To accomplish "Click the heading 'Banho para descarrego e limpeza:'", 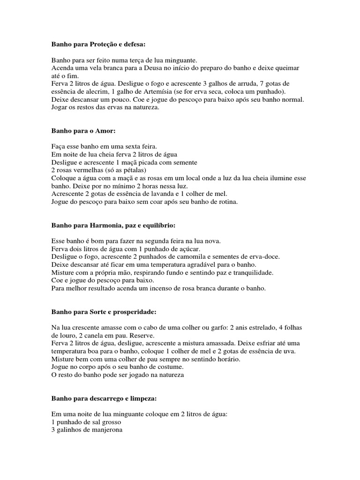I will click(104, 399).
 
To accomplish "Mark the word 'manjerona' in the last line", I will click(107, 431).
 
